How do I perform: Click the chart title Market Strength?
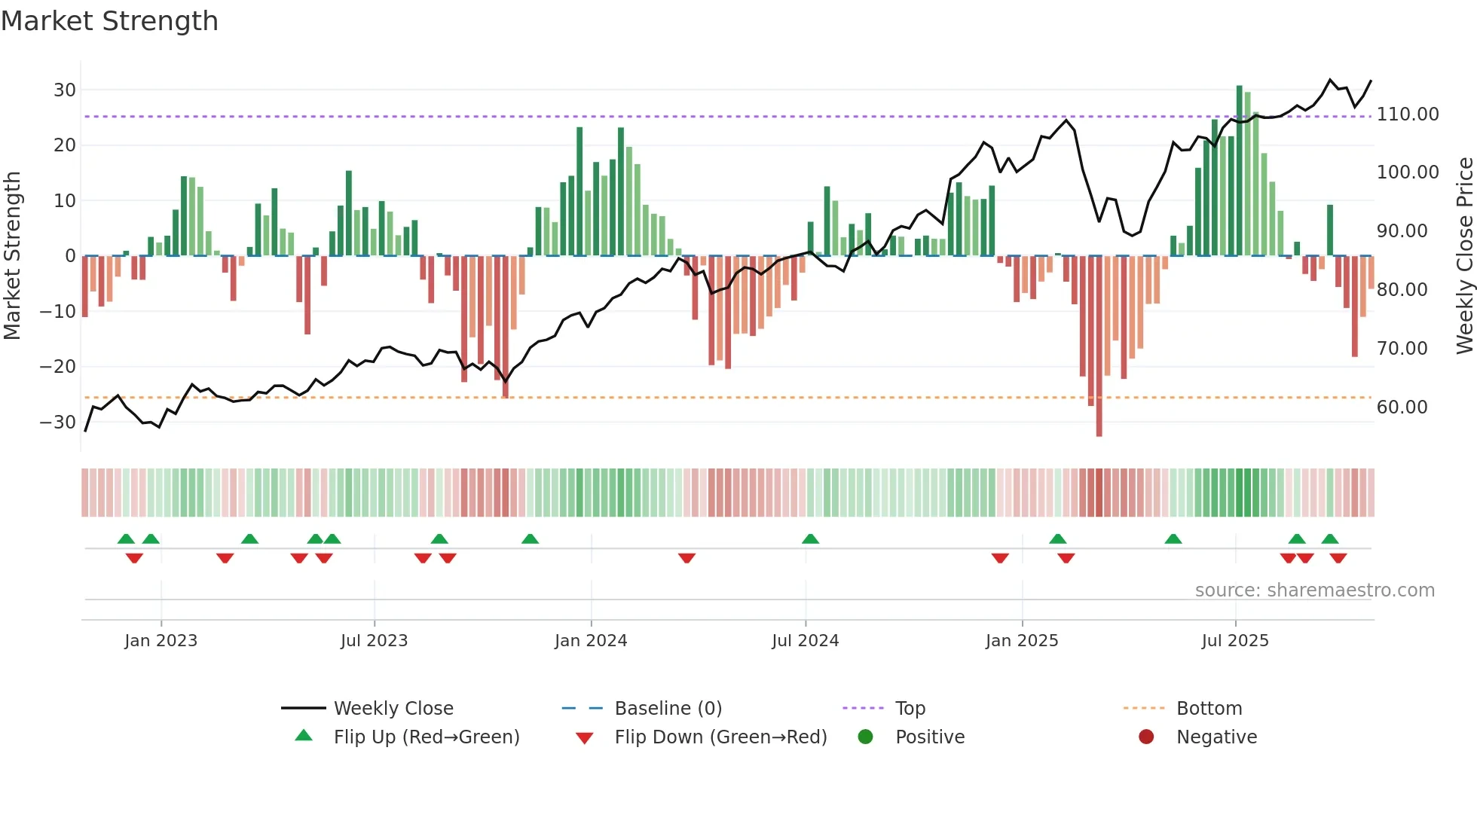(x=109, y=21)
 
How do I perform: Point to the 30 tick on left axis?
(x=65, y=90)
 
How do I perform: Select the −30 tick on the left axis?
(x=58, y=423)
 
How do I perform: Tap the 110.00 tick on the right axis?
(x=1408, y=114)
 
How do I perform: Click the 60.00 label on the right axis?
(x=1402, y=407)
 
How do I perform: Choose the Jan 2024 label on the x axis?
(x=591, y=641)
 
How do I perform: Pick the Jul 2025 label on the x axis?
(x=1235, y=641)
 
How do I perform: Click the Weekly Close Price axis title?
(x=1464, y=256)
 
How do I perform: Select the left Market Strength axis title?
(x=12, y=256)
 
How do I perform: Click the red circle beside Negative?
(x=1146, y=737)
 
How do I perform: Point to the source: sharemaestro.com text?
(x=1314, y=590)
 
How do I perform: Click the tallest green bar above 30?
(x=1240, y=170)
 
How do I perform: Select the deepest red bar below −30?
(x=1099, y=346)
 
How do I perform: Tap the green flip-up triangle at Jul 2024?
(x=810, y=539)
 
